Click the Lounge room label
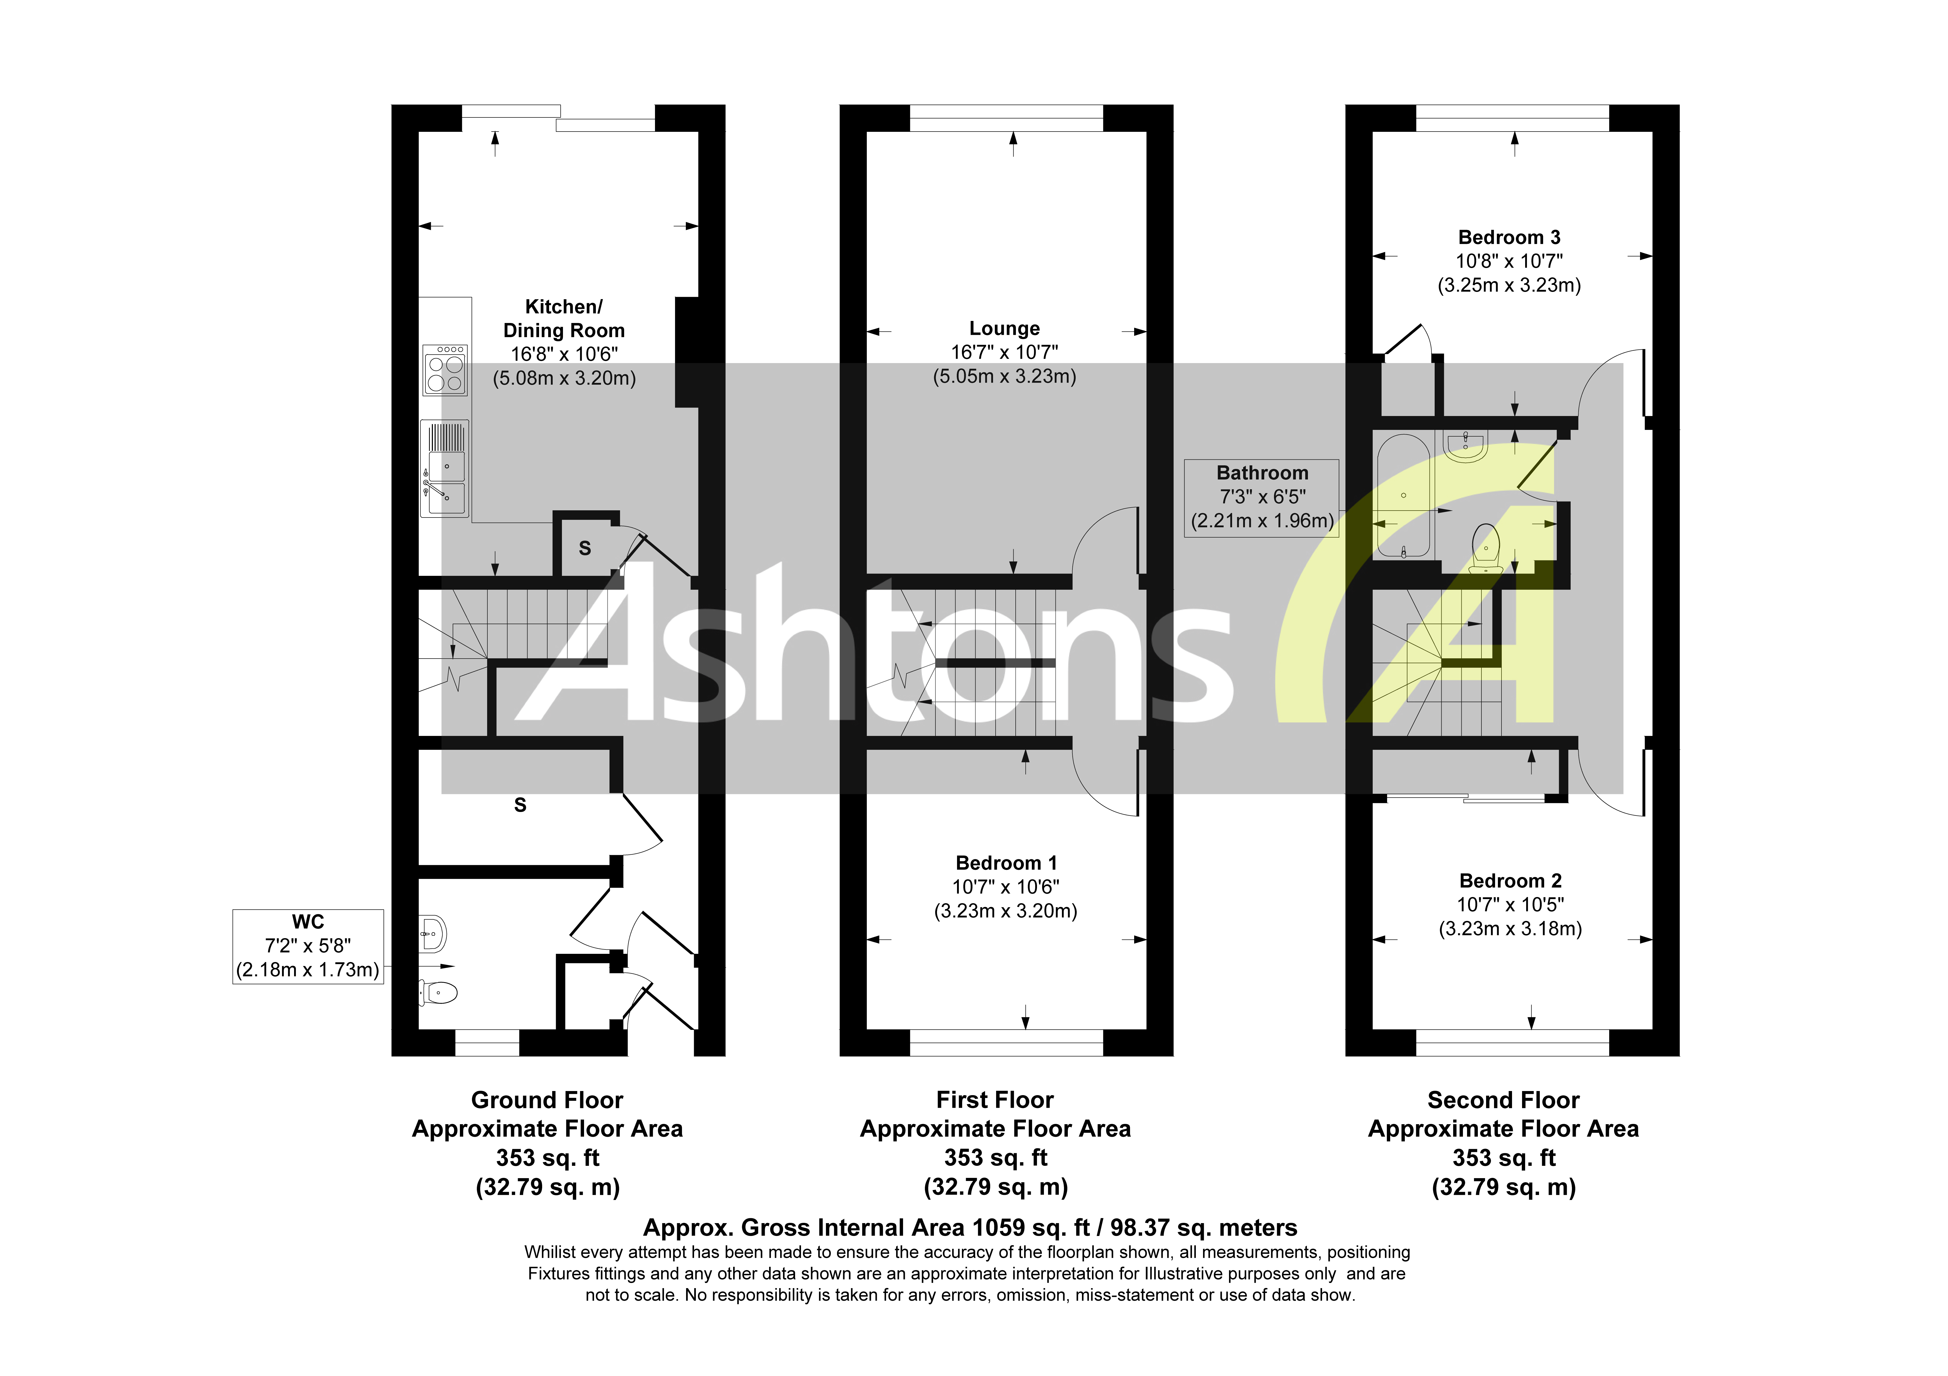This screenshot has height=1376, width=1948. [1005, 328]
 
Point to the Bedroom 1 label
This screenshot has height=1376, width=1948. [1006, 863]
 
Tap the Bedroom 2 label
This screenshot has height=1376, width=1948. [1510, 881]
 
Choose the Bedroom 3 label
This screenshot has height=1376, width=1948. [1509, 237]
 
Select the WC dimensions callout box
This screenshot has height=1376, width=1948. [308, 946]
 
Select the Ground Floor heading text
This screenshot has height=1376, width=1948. [547, 1100]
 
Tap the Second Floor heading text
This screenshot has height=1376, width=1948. [1504, 1100]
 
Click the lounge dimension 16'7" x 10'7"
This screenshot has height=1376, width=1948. [1005, 352]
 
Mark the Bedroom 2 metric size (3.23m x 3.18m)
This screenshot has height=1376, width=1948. [1510, 928]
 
